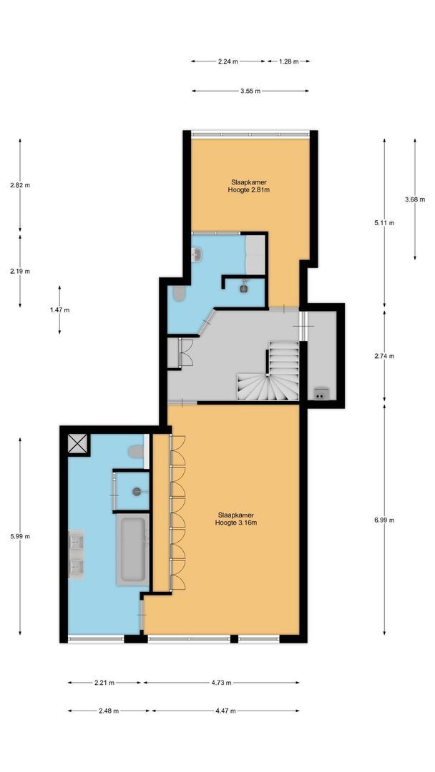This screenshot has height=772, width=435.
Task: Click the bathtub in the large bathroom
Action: (133, 549)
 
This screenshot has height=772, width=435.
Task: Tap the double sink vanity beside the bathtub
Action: (76, 553)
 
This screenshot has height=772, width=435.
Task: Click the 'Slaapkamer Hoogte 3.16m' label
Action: (235, 518)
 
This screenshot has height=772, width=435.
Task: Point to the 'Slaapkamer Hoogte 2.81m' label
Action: (248, 186)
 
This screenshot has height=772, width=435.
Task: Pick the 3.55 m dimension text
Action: (250, 91)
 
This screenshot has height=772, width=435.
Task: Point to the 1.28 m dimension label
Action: (289, 61)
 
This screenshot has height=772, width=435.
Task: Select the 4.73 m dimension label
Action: (221, 683)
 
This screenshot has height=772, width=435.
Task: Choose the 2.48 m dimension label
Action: (109, 711)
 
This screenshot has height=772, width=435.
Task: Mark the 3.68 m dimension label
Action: (415, 199)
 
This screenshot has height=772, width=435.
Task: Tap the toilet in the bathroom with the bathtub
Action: (135, 451)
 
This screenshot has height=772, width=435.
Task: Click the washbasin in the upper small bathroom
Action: (198, 254)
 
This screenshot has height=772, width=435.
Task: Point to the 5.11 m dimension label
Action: (385, 222)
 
